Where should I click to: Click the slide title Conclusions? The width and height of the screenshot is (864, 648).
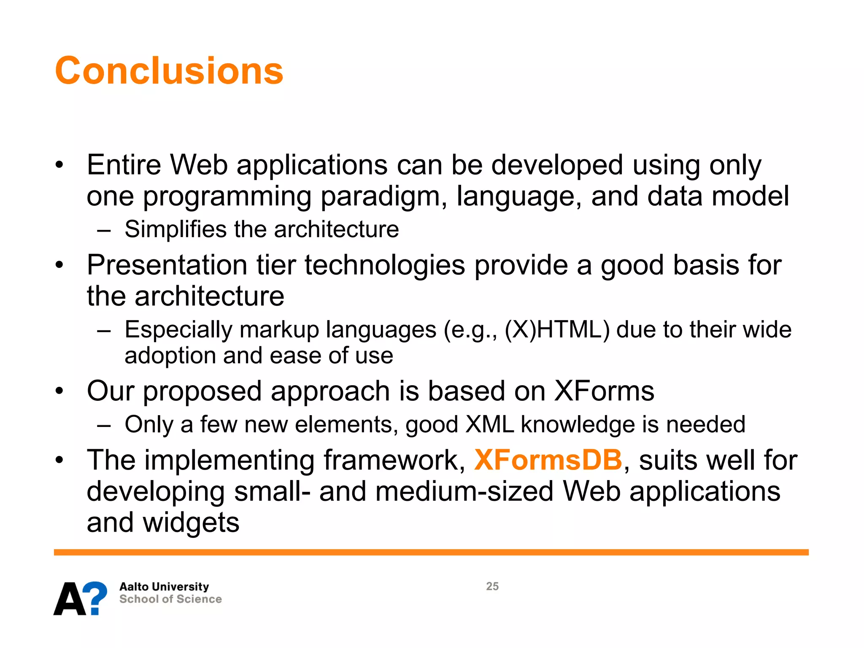click(169, 70)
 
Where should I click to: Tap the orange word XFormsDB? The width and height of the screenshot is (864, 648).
click(548, 459)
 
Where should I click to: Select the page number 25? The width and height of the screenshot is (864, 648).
click(492, 586)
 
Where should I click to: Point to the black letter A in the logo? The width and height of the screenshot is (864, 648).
click(70, 599)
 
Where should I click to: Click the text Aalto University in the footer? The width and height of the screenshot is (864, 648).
click(164, 586)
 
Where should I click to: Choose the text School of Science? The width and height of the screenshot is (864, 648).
click(170, 599)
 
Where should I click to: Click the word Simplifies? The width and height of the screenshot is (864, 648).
click(175, 229)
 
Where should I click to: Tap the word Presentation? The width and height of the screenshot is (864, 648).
click(167, 265)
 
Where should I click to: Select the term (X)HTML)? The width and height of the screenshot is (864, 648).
click(557, 329)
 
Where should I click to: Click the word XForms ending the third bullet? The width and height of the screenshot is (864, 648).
click(604, 391)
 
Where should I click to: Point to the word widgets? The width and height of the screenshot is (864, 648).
click(191, 522)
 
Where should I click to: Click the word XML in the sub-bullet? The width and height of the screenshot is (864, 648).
click(489, 424)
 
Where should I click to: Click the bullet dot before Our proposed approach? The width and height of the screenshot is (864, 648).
click(59, 391)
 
